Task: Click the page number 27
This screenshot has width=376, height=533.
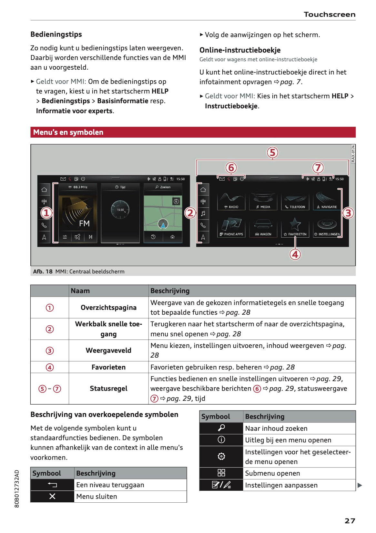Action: pos(350,521)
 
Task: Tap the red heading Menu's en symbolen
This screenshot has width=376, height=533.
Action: pos(68,132)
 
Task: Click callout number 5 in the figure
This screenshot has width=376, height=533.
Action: pos(272,153)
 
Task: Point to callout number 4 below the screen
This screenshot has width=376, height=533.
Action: pos(295,254)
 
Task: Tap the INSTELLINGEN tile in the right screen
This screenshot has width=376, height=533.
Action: pos(327,228)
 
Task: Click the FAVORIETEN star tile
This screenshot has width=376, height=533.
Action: pos(295,228)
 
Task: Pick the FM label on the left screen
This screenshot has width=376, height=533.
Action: pos(84,223)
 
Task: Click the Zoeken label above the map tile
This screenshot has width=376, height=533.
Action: pos(163,187)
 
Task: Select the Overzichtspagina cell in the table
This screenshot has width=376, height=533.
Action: pos(108,308)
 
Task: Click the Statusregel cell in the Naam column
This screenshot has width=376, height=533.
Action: pos(108,389)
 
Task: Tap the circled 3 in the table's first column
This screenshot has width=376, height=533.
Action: pos(50,350)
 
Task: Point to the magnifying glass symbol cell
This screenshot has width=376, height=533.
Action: pos(221,428)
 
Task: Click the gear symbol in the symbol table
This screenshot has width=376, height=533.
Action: pos(221,456)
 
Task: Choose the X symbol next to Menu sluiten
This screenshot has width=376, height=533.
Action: pos(52,497)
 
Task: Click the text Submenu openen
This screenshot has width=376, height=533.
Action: pos(272,473)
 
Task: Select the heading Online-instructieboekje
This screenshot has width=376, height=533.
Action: pos(240,50)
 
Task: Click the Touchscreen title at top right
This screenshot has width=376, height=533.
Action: pos(329,15)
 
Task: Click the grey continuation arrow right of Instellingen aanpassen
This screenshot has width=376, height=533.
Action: pos(360,485)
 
